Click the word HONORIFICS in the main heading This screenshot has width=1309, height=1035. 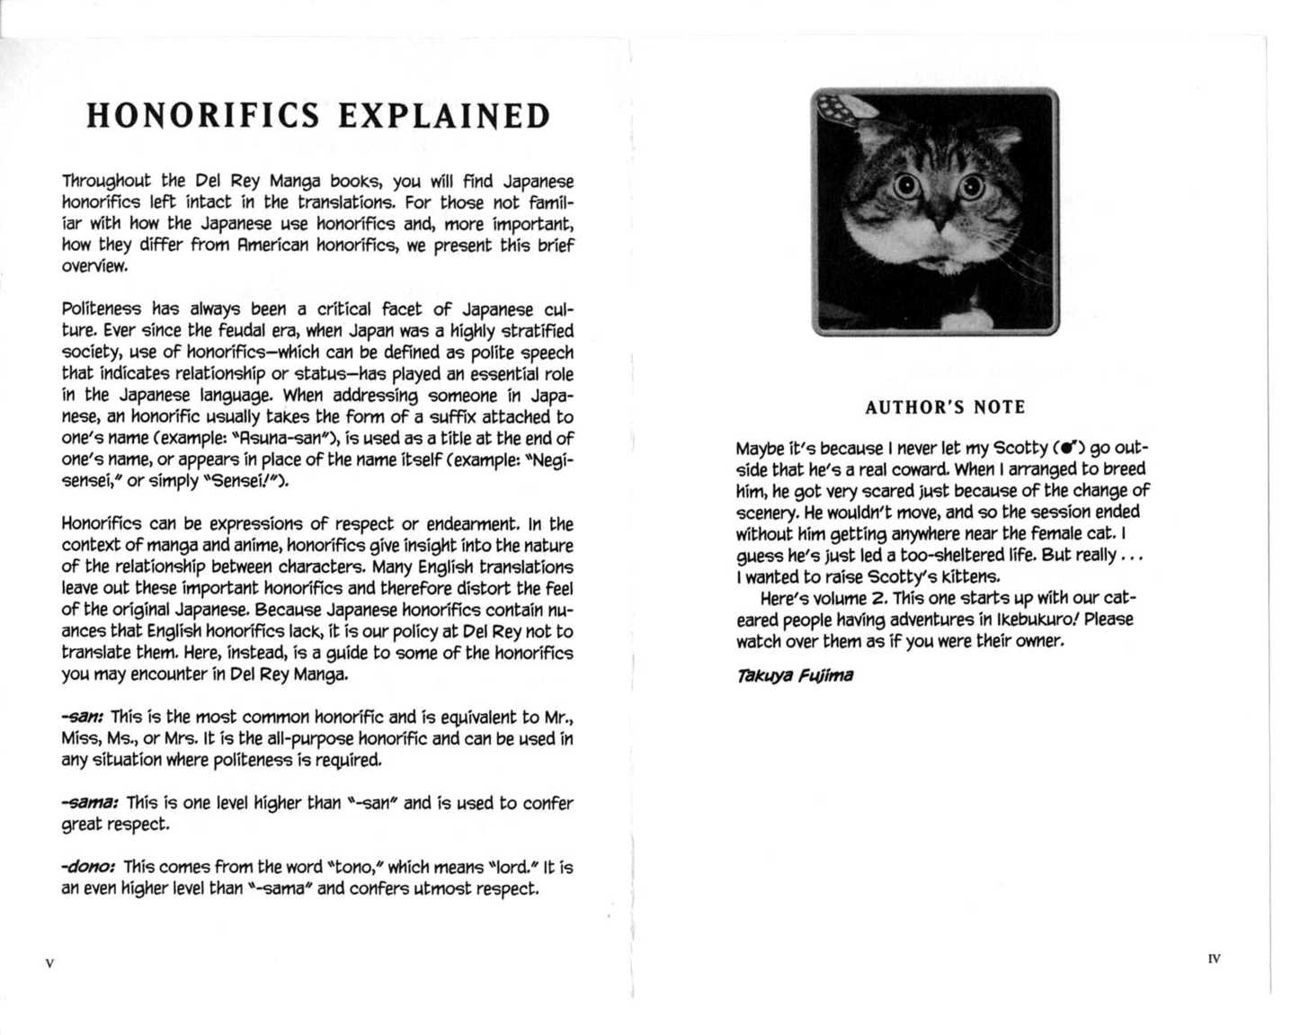click(203, 117)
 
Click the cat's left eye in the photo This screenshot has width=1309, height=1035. click(905, 187)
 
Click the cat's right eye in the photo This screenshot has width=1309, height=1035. click(971, 186)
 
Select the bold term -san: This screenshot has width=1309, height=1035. click(84, 718)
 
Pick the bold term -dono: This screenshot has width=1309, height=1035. click(88, 868)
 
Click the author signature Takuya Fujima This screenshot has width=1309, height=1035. click(795, 675)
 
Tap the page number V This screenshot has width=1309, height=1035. click(49, 964)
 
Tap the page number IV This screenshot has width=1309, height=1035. click(1215, 959)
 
